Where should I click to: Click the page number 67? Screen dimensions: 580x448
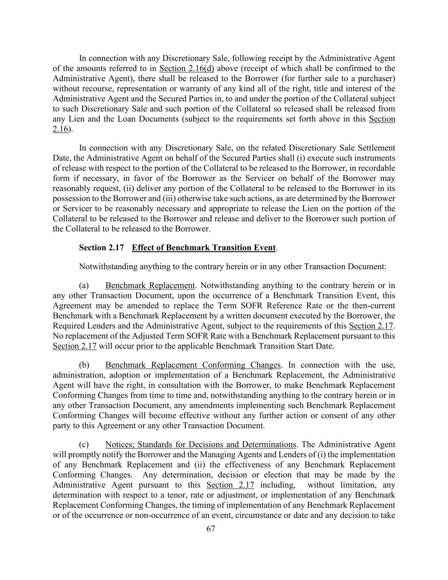211,529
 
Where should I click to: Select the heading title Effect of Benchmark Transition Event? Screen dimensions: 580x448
204,248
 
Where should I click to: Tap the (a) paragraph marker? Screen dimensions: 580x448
84,286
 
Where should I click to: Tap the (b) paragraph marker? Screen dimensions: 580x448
84,365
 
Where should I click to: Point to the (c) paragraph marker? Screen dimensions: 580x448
84,444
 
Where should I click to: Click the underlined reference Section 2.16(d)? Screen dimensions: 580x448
186,68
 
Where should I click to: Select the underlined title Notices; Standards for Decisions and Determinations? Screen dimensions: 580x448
200,444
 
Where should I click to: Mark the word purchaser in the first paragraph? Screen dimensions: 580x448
378,79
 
